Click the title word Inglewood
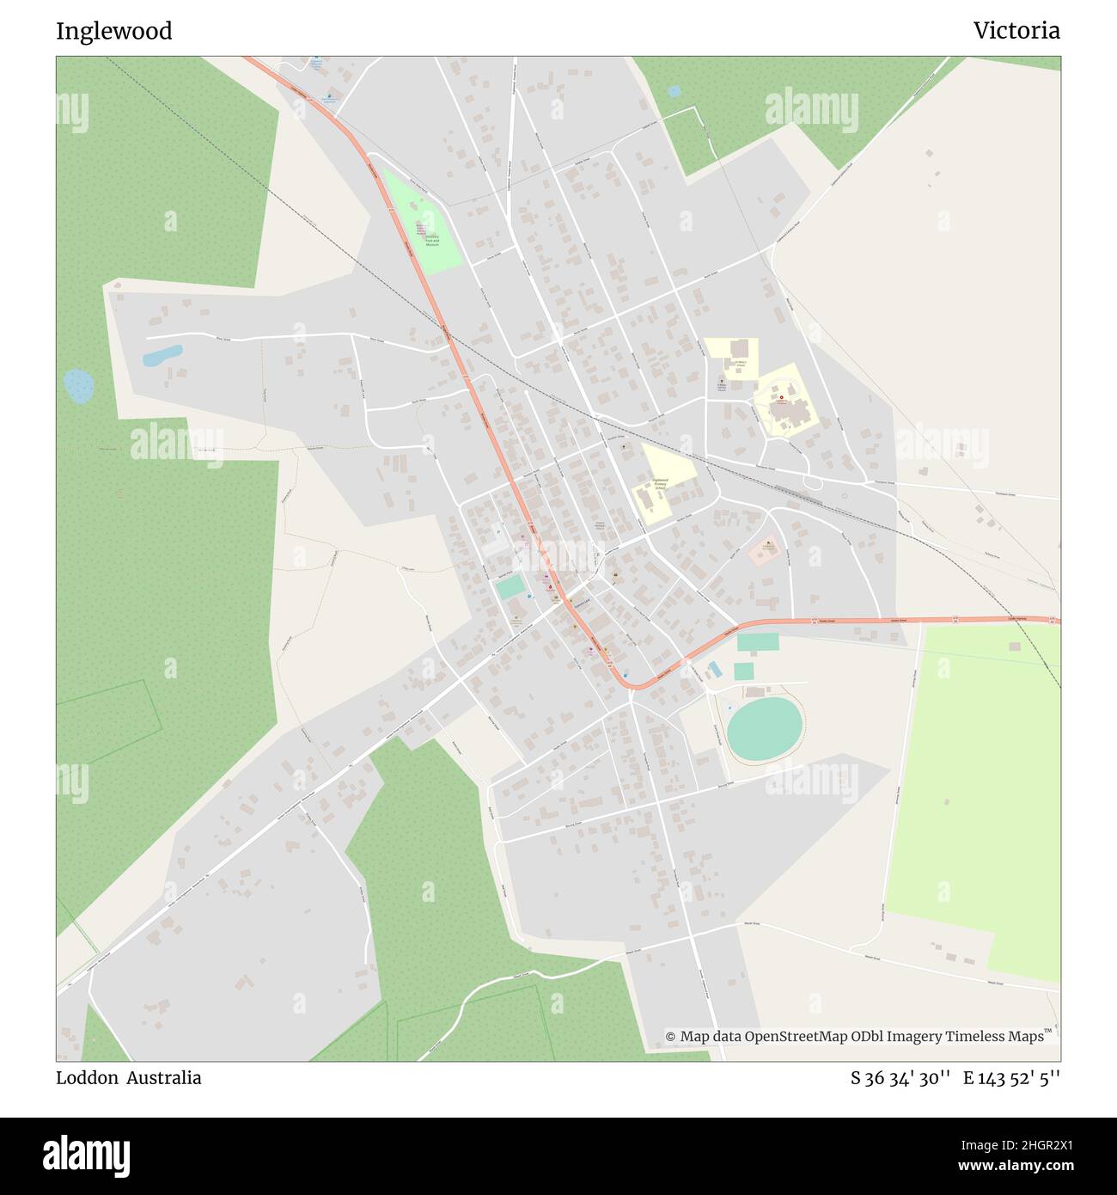[x=113, y=31]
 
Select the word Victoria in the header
[x=1016, y=31]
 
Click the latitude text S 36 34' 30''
[x=900, y=1078]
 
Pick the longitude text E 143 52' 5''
[x=1011, y=1078]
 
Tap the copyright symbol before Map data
[x=670, y=1037]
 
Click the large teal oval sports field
[x=764, y=728]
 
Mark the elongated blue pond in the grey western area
[x=162, y=355]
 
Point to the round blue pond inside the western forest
[x=79, y=386]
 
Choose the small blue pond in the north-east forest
[x=674, y=90]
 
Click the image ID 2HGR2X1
[x=1022, y=1144]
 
